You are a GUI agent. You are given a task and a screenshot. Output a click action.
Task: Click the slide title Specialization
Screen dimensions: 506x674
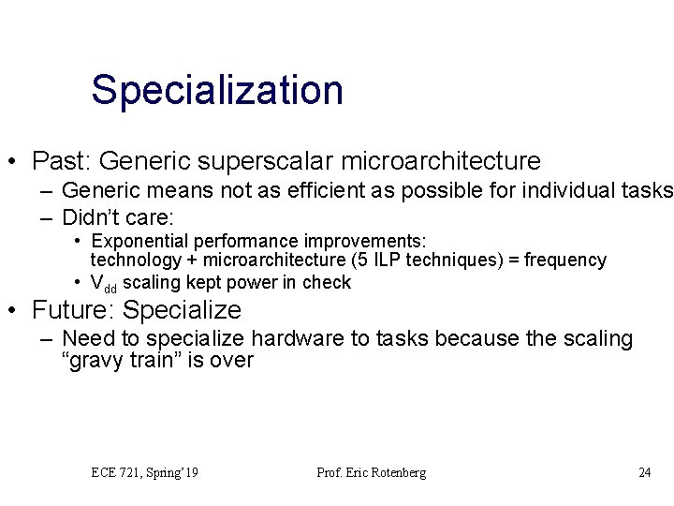[x=217, y=91]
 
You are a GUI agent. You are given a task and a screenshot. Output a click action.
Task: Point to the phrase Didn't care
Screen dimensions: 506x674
[x=117, y=218]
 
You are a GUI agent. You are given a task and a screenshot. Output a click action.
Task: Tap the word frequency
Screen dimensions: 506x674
[x=565, y=260]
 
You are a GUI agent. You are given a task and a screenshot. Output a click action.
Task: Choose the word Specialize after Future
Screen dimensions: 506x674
[x=182, y=310]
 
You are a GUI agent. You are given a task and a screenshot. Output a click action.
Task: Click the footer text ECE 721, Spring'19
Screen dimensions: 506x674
[x=144, y=472]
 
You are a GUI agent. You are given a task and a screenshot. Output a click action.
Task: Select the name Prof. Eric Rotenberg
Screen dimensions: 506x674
[x=371, y=472]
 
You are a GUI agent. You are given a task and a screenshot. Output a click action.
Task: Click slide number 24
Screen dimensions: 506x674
[x=644, y=472]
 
